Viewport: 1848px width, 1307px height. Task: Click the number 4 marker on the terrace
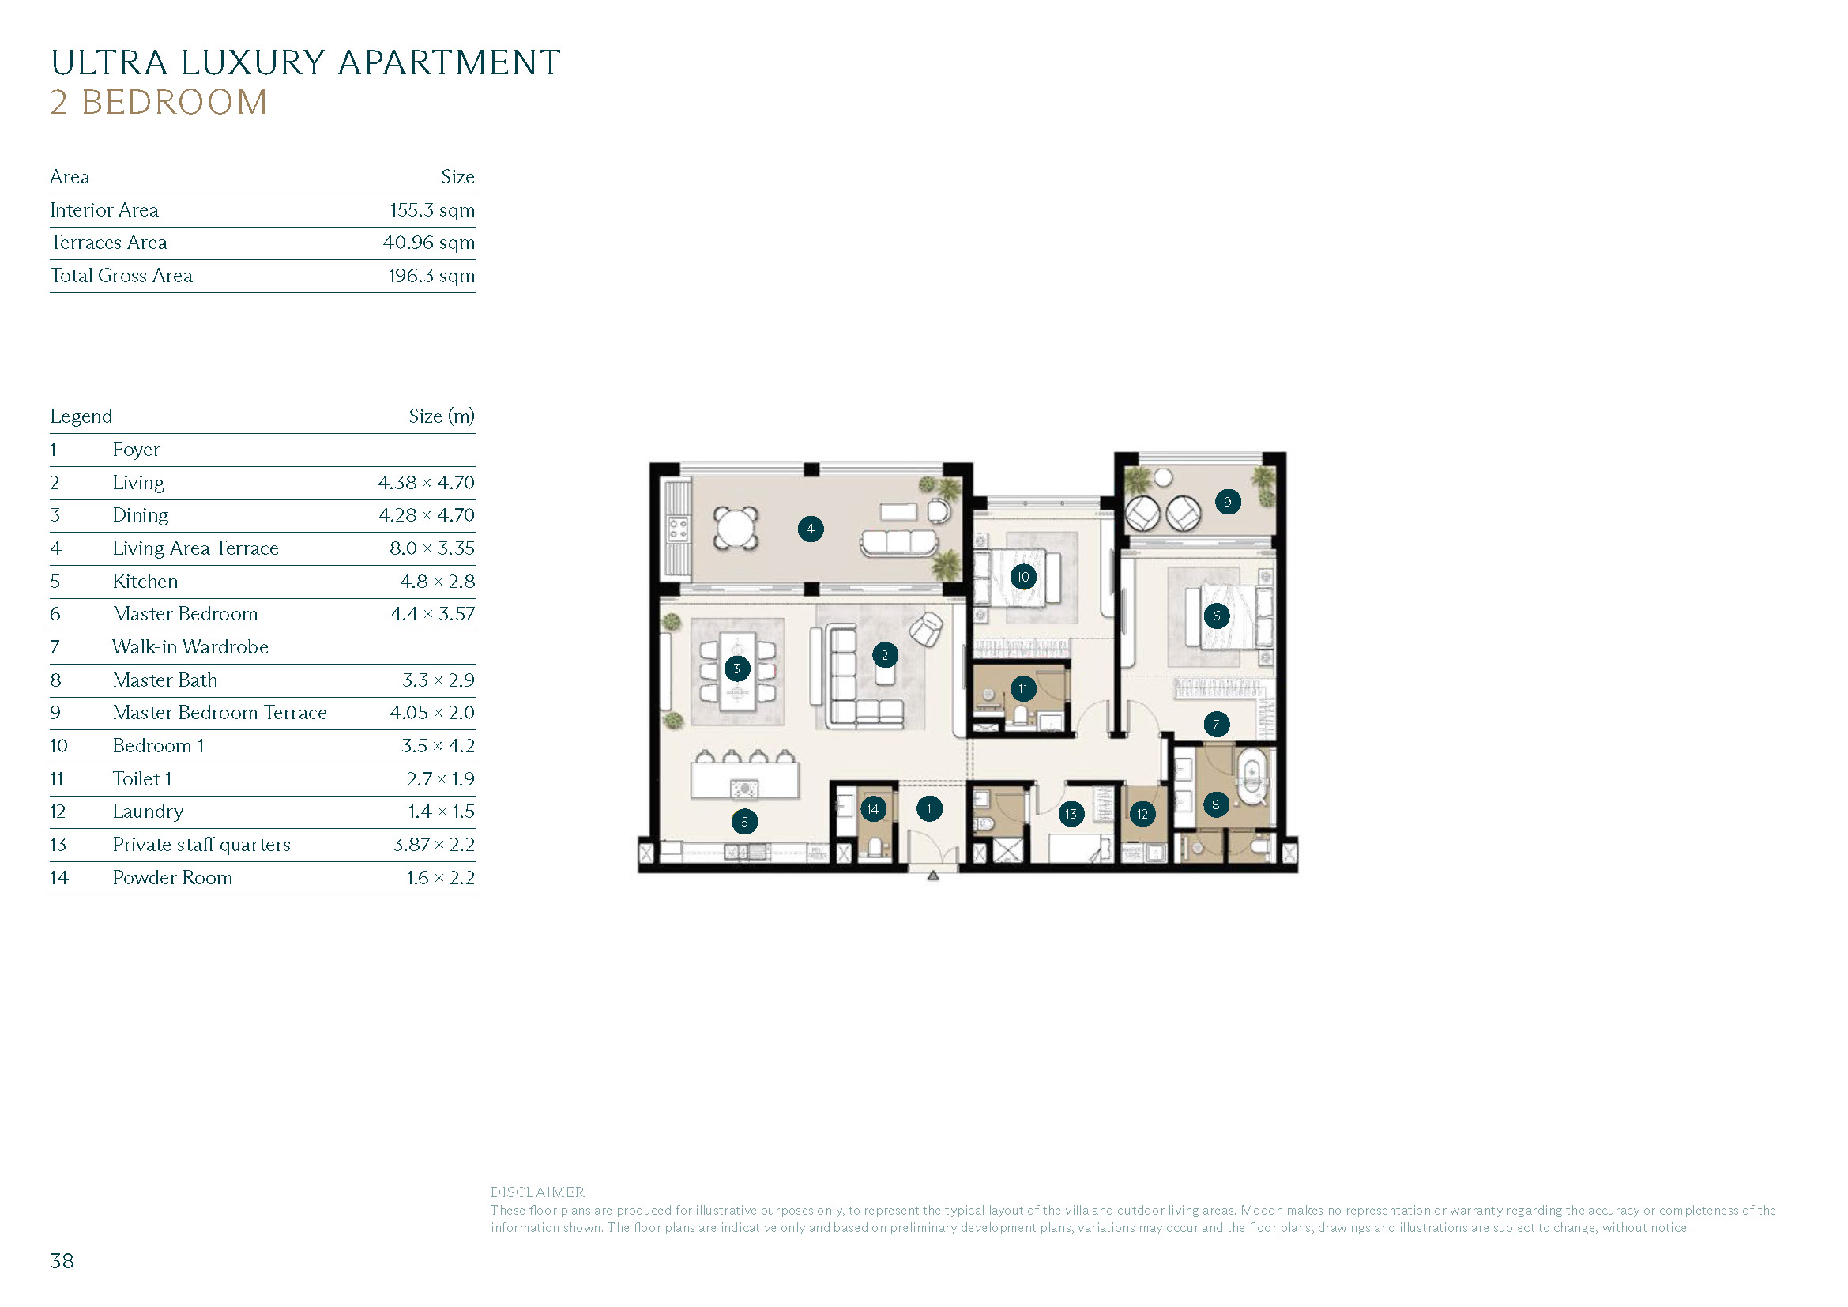point(810,529)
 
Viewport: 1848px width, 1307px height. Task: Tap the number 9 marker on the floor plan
point(1227,503)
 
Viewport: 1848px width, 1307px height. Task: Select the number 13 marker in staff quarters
point(1071,814)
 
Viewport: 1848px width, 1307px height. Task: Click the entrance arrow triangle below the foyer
point(933,876)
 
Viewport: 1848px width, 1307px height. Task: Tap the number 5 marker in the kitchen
point(743,822)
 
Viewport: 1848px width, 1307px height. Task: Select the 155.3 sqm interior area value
point(432,210)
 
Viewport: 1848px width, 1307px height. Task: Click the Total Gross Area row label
point(122,276)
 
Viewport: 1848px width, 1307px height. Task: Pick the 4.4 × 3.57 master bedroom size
point(432,614)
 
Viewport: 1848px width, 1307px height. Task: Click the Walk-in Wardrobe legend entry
point(190,647)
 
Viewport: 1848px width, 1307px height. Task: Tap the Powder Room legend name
point(172,878)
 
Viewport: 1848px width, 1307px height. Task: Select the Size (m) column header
point(441,416)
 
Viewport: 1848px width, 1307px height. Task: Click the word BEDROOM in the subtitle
point(174,103)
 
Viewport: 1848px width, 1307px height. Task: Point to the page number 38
point(62,1261)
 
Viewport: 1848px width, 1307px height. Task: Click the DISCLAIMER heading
point(538,1192)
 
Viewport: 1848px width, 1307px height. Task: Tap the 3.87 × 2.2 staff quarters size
point(433,845)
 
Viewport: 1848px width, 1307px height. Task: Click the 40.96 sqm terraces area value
point(428,243)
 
